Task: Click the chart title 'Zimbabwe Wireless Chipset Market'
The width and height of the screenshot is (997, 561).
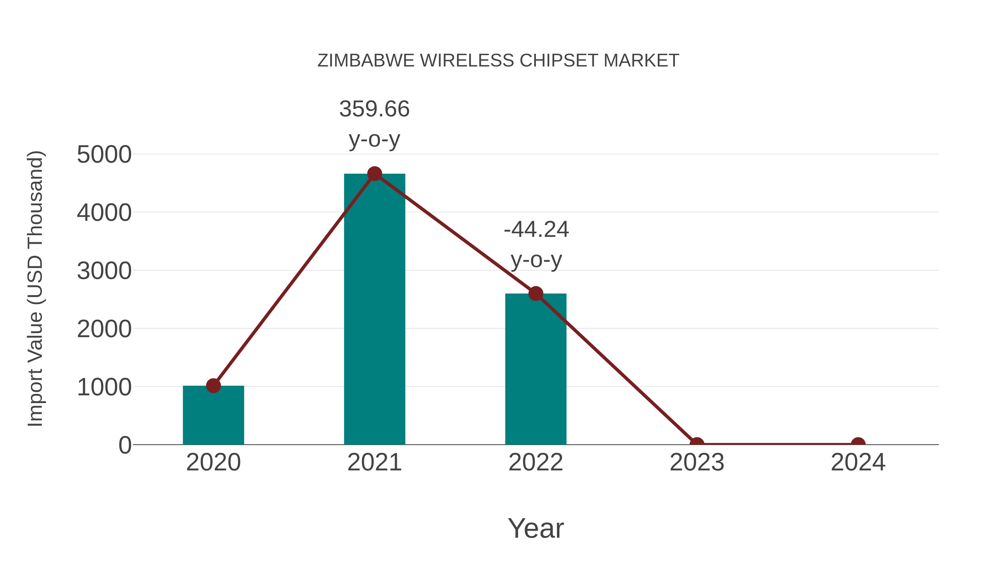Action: click(x=498, y=61)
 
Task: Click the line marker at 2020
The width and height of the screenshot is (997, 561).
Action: click(x=213, y=386)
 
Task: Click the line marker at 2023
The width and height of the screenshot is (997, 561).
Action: click(x=697, y=444)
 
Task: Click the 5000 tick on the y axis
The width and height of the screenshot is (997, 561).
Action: click(x=104, y=155)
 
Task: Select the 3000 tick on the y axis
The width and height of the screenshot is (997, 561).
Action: click(x=104, y=271)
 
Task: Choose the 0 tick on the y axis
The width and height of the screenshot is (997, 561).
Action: click(x=125, y=445)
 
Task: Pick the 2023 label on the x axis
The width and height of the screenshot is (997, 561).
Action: click(x=697, y=462)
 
